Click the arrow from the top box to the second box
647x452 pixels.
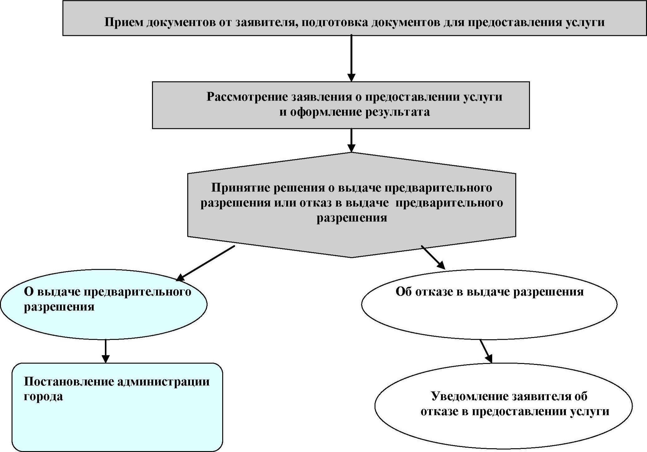[x=351, y=58]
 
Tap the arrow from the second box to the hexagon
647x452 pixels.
[x=351, y=140]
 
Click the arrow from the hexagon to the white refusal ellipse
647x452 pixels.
[x=433, y=257]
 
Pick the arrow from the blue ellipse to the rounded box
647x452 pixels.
[x=105, y=351]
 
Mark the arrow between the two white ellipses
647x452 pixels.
[x=486, y=351]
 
